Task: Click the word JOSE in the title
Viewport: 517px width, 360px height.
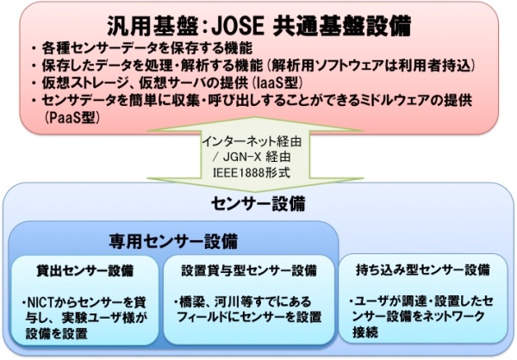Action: [238, 26]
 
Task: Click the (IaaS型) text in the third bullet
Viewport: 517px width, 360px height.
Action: [279, 83]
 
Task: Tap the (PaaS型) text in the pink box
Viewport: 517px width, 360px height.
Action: [72, 118]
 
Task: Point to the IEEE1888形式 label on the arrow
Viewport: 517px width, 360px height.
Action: [252, 172]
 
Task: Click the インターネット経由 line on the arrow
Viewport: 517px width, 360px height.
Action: [252, 141]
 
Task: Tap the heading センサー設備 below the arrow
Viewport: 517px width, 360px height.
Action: [258, 204]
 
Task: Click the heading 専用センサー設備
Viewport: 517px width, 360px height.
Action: [173, 242]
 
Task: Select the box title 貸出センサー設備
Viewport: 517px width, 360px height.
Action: [85, 270]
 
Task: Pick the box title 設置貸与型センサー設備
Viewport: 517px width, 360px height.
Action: [249, 270]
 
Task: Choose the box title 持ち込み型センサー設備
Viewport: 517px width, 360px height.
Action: [423, 270]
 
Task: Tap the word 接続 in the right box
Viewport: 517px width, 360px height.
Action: [365, 332]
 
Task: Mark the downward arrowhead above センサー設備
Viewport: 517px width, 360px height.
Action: [256, 184]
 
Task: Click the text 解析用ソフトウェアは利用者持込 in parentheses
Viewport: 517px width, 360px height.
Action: [370, 65]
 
